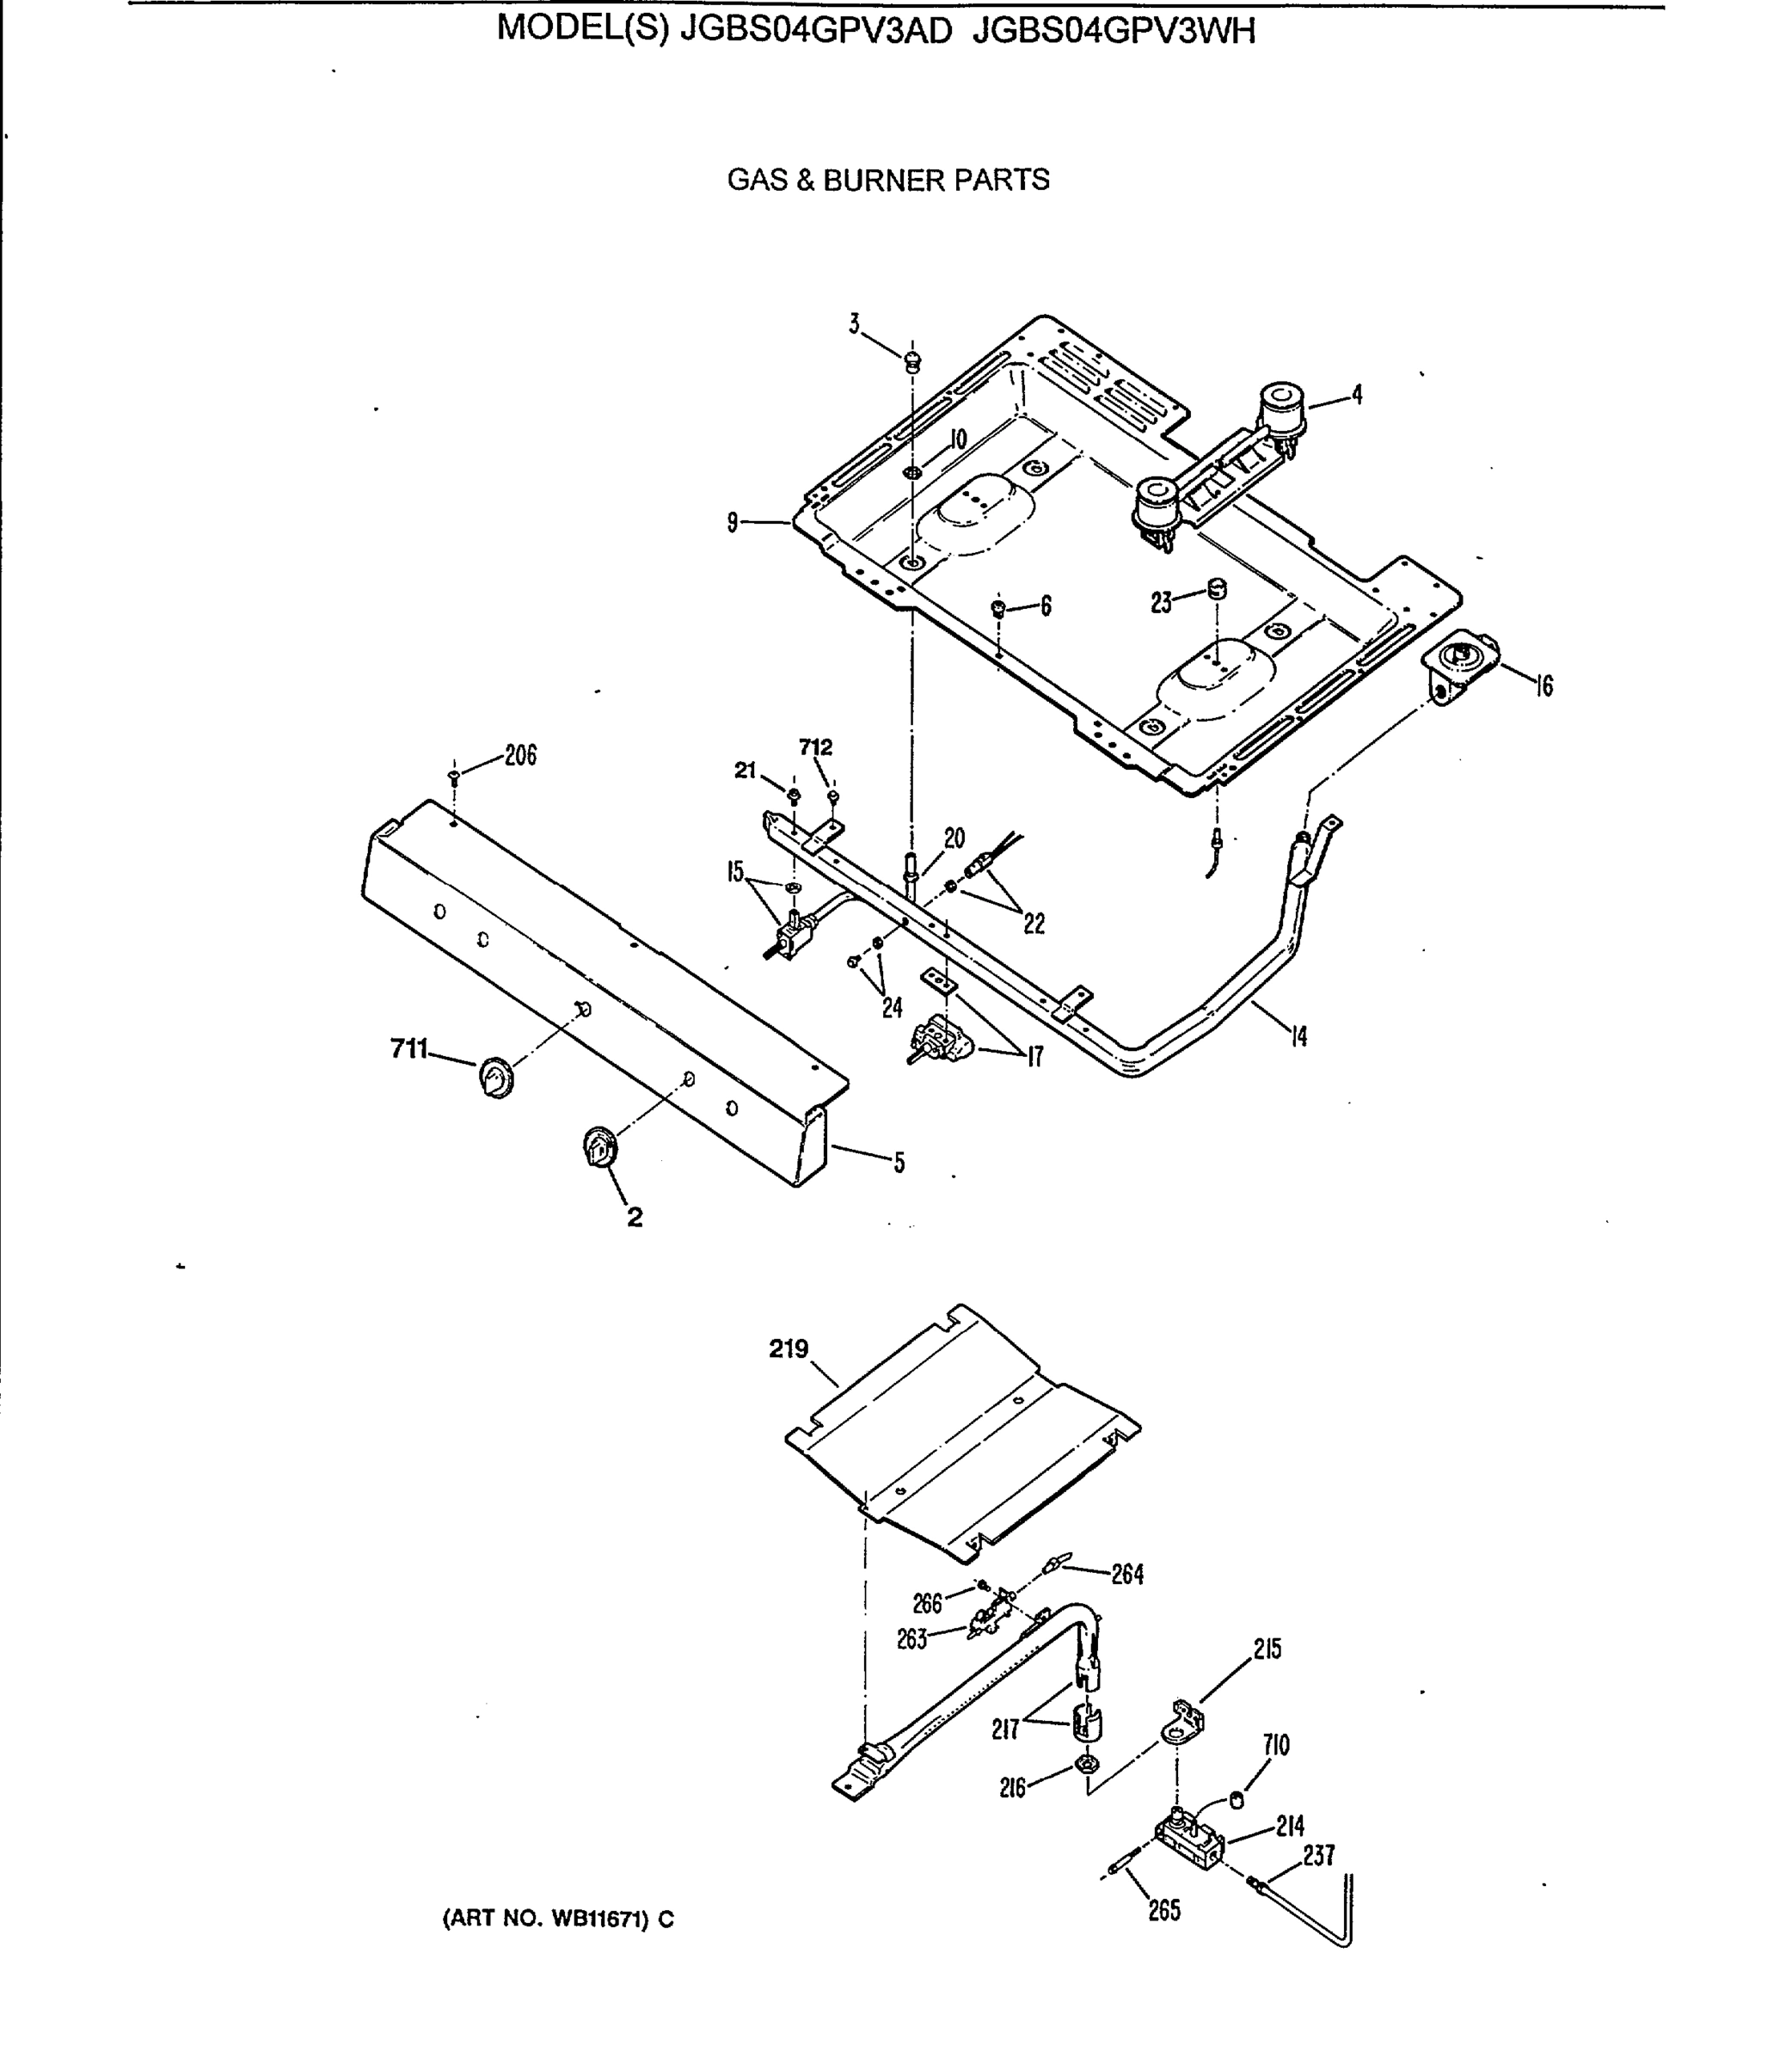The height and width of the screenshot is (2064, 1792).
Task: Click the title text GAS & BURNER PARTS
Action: [888, 180]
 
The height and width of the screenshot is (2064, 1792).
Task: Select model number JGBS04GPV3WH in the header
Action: [1114, 32]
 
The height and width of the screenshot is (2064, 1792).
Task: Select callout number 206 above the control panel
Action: [520, 756]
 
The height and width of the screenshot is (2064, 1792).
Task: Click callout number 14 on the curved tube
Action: [1298, 1037]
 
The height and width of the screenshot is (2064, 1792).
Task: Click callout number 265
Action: [1164, 1910]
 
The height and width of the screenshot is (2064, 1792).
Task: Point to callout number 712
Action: [815, 747]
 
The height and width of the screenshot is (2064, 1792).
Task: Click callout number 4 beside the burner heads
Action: [1357, 395]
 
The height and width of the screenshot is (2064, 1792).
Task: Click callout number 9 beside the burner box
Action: [733, 522]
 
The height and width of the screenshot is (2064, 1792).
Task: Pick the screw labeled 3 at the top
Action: [912, 361]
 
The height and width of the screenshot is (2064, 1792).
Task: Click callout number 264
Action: [1127, 1575]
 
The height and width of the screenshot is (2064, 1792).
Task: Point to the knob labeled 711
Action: [495, 1076]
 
